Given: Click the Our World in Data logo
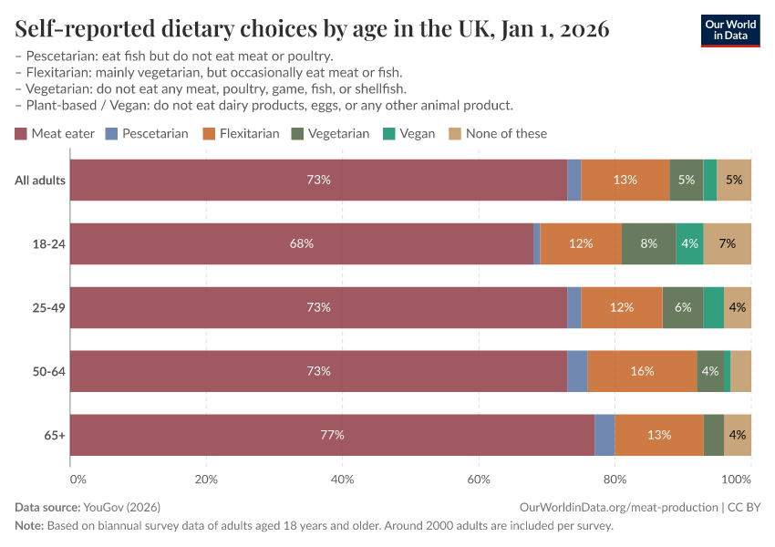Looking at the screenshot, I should pos(729,30).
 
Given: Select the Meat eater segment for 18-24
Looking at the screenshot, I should pos(302,243).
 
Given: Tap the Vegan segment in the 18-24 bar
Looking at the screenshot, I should pos(689,243).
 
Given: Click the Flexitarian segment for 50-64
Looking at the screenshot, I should pos(642,371).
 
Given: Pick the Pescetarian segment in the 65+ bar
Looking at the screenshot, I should pos(604,435).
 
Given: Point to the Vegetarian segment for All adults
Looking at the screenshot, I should pos(687,180).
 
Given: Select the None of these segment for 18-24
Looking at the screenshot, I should pos(727,243).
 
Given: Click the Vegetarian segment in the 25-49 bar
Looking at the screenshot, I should pos(683,307).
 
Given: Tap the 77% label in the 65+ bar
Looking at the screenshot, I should pos(332,435).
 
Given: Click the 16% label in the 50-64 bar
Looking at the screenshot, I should pos(642,371).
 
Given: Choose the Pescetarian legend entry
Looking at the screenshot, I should pos(147,133).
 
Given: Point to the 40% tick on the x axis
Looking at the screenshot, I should pos(343,478).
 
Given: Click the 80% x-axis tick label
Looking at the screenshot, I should pos(615,478).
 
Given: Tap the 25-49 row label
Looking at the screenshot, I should pos(48,307).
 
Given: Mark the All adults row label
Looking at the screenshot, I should pos(40,180).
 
